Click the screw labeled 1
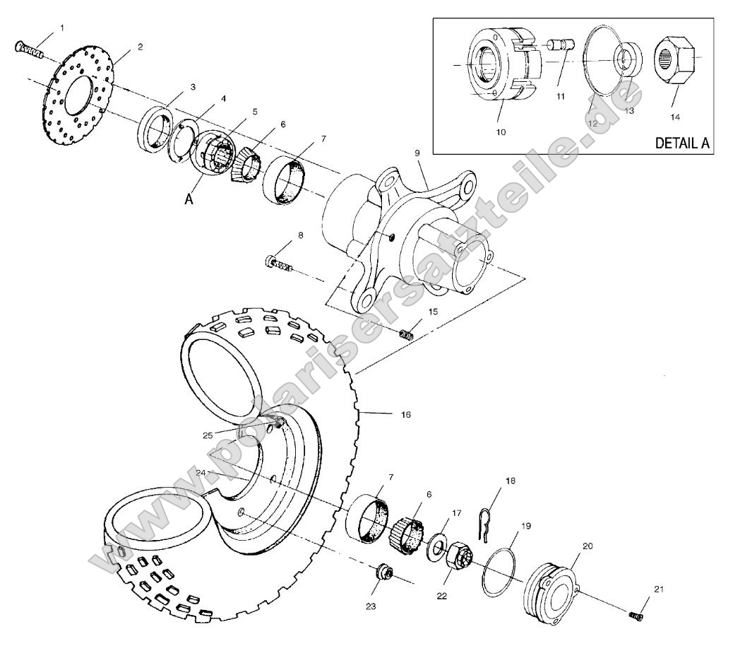28,49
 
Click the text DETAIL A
682,142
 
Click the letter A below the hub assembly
189,200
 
